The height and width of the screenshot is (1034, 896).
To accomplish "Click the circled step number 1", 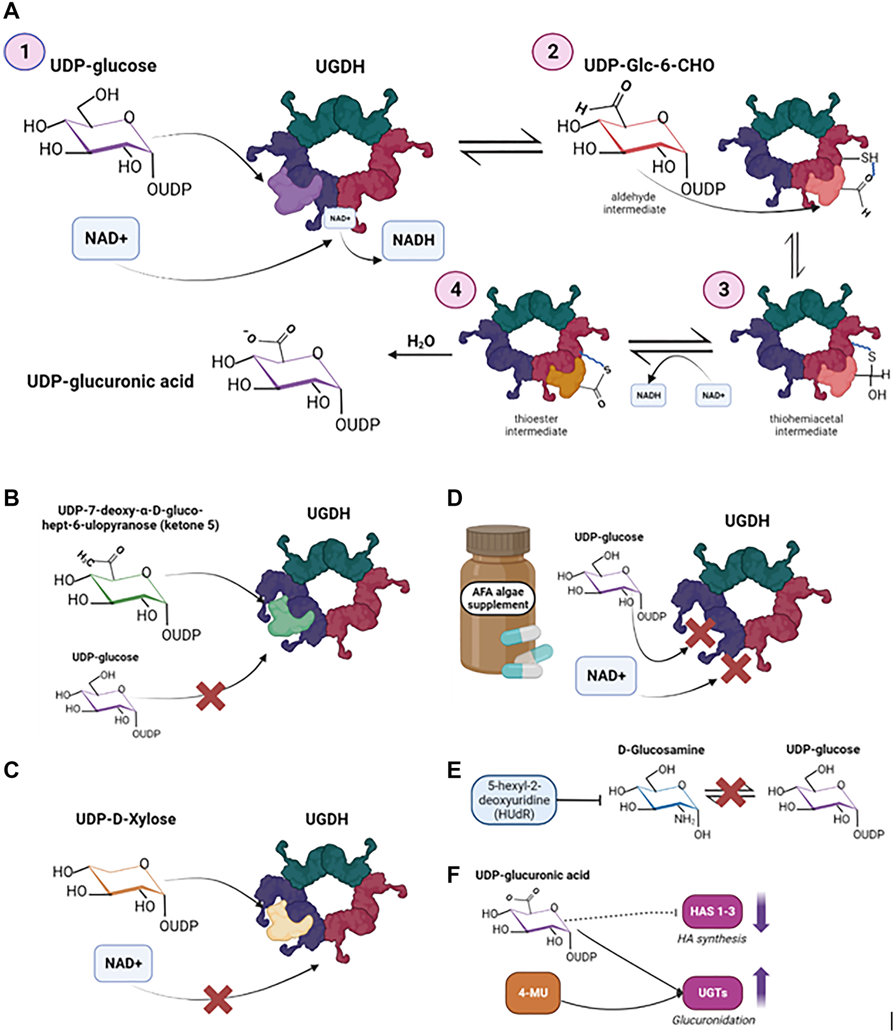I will [x=24, y=52].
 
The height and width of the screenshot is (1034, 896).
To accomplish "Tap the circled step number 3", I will [x=724, y=289].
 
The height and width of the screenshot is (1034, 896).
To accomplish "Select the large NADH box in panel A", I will [x=413, y=241].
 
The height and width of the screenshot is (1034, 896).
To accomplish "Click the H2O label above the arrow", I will [x=421, y=341].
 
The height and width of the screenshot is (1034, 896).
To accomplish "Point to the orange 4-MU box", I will [x=533, y=992].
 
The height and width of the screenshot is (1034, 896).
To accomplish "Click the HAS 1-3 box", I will [x=712, y=911].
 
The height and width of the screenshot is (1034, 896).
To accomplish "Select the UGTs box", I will [x=712, y=992].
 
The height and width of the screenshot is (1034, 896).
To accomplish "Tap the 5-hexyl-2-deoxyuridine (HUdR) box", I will [x=514, y=800].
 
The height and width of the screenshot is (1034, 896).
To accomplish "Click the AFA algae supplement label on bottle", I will [x=497, y=598].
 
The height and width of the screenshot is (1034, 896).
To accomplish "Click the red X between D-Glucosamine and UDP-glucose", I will [x=731, y=792].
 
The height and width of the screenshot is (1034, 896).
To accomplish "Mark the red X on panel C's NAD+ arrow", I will [x=217, y=1000].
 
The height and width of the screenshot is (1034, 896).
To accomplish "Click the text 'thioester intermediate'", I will [x=535, y=425].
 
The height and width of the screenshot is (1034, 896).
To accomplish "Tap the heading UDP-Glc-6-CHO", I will [x=649, y=65].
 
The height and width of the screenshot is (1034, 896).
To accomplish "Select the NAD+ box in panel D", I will [x=606, y=676].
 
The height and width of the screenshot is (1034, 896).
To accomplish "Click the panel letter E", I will [x=453, y=770].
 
